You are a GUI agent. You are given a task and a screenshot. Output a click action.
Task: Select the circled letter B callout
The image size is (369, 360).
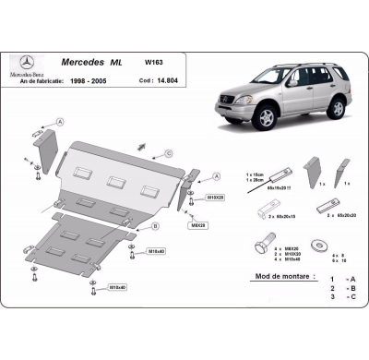[x=155, y=225]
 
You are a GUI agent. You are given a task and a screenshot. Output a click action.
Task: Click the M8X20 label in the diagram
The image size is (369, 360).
[x=197, y=224]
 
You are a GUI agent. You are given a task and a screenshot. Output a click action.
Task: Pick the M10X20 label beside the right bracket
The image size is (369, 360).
[x=214, y=197]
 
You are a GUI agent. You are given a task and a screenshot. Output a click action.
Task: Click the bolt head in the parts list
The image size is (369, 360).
[x=261, y=250]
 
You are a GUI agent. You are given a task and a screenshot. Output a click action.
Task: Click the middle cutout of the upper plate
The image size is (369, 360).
[x=115, y=181]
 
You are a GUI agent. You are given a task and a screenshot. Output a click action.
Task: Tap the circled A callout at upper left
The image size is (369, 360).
[x=60, y=122]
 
